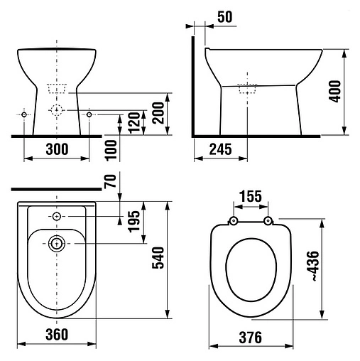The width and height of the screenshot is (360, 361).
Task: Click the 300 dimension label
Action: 57,149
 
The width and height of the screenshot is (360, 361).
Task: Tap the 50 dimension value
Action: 225,17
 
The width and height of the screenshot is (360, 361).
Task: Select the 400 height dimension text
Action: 335,92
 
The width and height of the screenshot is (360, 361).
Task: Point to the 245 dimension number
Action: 220,149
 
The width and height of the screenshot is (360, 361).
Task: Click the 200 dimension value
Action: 158,113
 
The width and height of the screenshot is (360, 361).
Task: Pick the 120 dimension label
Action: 134,123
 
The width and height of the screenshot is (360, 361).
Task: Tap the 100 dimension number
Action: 111,151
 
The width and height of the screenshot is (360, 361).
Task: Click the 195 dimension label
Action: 134,222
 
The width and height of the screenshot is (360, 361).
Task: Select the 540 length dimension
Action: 158,258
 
